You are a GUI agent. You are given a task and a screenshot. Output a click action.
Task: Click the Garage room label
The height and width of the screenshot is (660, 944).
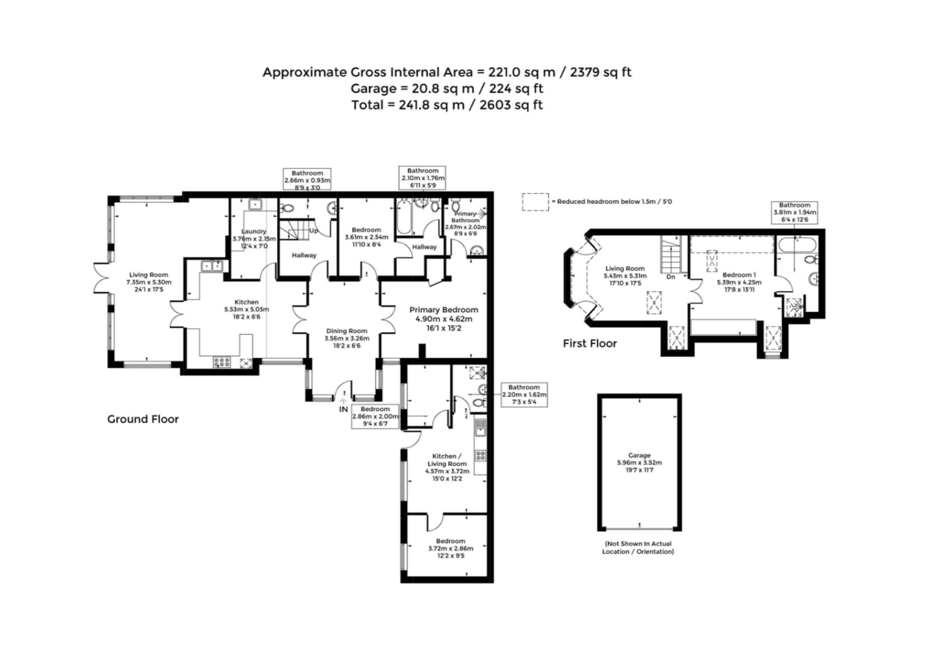point(639,456)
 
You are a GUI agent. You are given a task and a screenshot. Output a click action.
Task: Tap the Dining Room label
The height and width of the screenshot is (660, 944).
point(347,331)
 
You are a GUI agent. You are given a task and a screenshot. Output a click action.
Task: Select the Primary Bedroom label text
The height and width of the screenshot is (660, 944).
point(444,310)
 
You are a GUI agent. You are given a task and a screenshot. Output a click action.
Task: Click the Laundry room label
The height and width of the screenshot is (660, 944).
point(254,232)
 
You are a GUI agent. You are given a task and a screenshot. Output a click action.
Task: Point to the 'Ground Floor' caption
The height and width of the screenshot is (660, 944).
point(143,420)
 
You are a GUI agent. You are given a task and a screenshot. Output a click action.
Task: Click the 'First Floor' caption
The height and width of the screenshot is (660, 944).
point(590,343)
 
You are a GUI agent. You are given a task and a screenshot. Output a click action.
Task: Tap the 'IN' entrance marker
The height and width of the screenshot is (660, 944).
point(343,409)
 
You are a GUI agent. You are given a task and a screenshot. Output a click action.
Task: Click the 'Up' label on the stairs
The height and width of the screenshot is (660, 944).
point(314,231)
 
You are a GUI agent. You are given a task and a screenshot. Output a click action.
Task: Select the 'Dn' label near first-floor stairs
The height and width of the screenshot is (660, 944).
point(671,277)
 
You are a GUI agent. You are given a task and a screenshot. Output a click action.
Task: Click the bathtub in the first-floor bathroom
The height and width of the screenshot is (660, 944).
point(797,246)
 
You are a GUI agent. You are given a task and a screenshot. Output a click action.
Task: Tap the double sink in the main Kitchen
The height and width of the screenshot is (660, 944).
point(212,266)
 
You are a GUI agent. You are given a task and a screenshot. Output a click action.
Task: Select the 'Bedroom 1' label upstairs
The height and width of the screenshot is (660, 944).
point(739,275)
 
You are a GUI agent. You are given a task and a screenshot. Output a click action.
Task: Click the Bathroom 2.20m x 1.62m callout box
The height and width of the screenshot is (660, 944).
point(524,395)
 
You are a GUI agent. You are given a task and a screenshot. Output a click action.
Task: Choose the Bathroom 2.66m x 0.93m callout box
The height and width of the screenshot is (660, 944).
point(307,179)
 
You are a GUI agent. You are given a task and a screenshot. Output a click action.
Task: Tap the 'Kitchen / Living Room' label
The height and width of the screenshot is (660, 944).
point(447,460)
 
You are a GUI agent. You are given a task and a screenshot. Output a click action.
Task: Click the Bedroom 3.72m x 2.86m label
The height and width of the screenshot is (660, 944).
point(451,549)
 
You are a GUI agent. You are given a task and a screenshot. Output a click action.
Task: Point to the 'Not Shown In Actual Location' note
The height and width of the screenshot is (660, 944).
point(638,547)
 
